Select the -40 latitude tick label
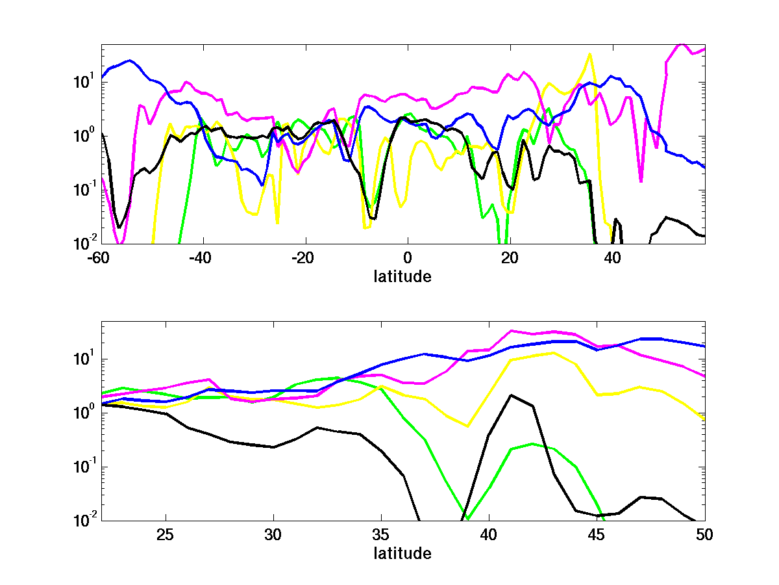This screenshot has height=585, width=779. tap(203, 259)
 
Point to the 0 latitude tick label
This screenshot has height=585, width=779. tap(407, 259)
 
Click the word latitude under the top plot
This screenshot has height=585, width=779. tap(402, 276)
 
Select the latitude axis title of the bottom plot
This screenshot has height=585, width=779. tap(402, 553)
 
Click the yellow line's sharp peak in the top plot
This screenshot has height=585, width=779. tap(589, 54)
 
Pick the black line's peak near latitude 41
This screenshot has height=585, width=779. tap(512, 395)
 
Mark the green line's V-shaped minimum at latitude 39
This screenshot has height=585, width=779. tap(468, 519)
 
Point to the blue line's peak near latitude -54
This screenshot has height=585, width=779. tap(130, 60)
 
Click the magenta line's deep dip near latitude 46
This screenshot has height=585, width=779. tap(641, 181)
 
